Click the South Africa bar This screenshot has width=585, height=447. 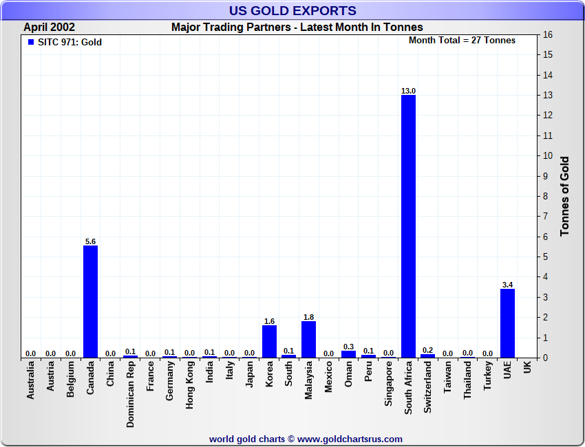pos(408,226)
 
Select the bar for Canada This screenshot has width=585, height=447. pos(90,301)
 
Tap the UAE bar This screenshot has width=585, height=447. pos(507,323)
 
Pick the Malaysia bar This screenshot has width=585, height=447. pos(308,339)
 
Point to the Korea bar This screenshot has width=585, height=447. pos(269,341)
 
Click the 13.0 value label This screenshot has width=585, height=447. pos(408,91)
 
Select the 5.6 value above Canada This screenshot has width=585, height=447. pos(90,241)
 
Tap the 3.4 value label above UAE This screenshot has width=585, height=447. pos(507,285)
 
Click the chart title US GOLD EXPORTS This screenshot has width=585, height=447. pos(292,11)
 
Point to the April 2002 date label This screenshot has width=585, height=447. pos(50,28)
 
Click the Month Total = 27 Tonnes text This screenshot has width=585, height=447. pos(462,40)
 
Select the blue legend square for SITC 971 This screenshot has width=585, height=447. pos(30,42)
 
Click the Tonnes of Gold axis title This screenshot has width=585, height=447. pos(564,196)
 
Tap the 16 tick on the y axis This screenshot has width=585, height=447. pos(549,34)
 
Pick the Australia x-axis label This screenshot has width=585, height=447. pos(30,381)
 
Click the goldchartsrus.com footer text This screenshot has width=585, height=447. pos(306,439)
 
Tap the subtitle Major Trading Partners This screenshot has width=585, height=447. pos(297,28)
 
